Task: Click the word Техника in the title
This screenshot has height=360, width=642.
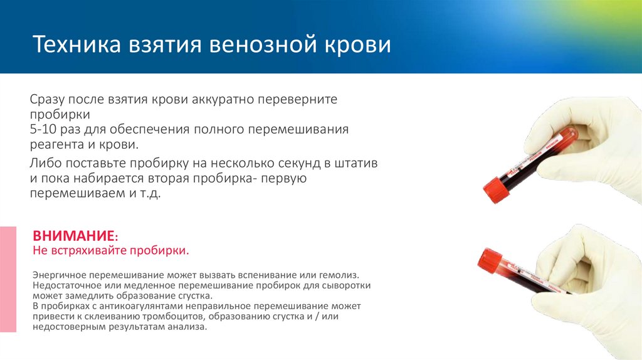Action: (70, 46)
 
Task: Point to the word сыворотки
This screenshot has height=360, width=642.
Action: (346, 285)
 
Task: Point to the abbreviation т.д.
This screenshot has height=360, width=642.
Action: (149, 194)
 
